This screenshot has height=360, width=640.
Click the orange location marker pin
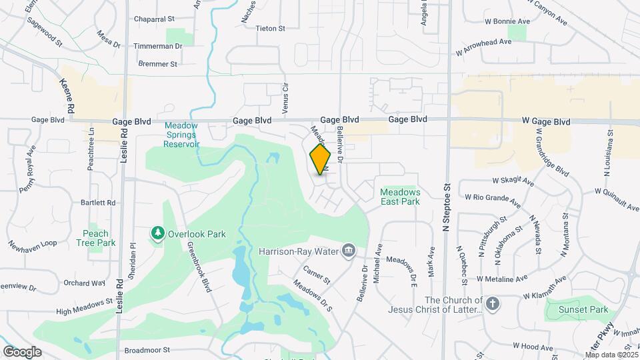pyautogui.click(x=321, y=159)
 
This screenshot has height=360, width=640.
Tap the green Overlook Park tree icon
pyautogui.click(x=157, y=233)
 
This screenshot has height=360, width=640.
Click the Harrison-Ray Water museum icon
pyautogui.click(x=347, y=251)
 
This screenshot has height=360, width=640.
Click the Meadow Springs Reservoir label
pyautogui.click(x=182, y=134)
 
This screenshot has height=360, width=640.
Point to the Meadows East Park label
pyautogui.click(x=399, y=196)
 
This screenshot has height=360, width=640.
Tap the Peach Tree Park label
pyautogui.click(x=96, y=238)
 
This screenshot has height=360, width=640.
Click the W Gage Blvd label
pyautogui.click(x=547, y=122)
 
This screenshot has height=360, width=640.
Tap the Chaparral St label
pyautogui.click(x=154, y=19)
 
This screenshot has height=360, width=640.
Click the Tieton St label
pyautogui.click(x=270, y=29)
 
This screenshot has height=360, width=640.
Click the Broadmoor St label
pyautogui.click(x=147, y=349)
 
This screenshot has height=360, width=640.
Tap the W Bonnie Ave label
pyautogui.click(x=507, y=21)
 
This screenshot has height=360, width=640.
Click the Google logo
pyautogui.click(x=22, y=351)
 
